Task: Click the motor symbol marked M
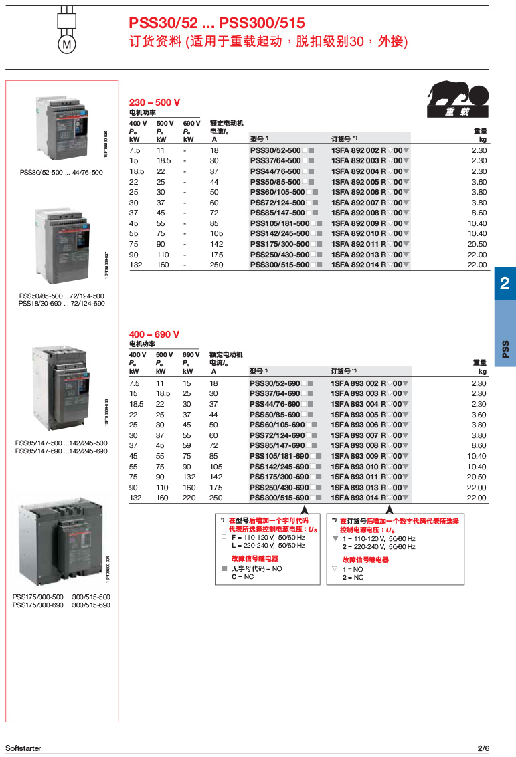66,44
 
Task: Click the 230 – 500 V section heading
154,102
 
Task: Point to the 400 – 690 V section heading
154,334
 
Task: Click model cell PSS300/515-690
279,498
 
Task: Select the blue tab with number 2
505,283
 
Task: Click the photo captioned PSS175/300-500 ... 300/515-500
62,542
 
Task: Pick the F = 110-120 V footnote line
268,537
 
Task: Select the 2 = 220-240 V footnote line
379,546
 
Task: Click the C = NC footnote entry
243,576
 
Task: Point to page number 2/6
483,748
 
